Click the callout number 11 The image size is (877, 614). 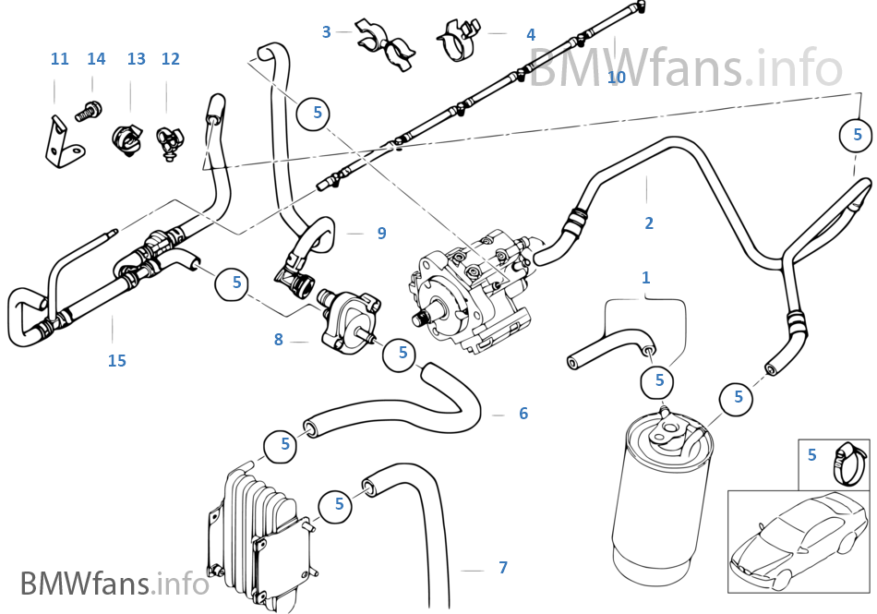(x=60, y=59)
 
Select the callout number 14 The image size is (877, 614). (x=96, y=59)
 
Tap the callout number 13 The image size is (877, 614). (x=137, y=59)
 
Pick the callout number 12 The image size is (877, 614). (x=170, y=59)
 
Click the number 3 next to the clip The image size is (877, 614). (x=326, y=32)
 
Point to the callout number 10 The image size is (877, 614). (x=617, y=77)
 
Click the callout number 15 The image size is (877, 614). (x=116, y=361)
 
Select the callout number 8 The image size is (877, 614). (x=278, y=340)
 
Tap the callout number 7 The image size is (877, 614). (x=502, y=567)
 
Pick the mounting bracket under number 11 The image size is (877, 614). (x=62, y=142)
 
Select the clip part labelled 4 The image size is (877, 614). (x=459, y=38)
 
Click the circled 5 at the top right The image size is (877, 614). (x=857, y=135)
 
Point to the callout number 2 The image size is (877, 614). (x=649, y=223)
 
